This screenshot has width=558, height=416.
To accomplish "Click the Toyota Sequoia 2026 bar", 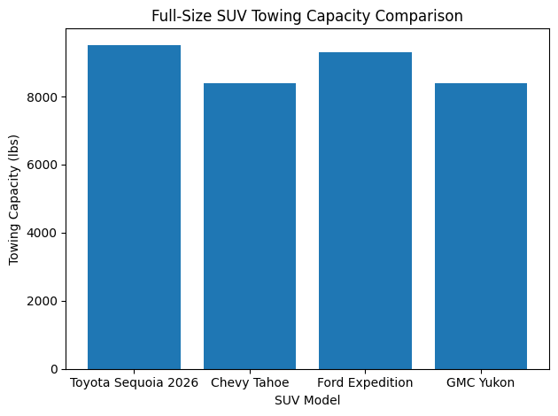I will tap(134, 207).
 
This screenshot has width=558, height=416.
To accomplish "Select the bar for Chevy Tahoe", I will tap(250, 226).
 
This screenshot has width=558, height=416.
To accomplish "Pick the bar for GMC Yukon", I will tap(481, 226).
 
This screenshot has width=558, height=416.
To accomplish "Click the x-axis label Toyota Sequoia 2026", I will tap(134, 383).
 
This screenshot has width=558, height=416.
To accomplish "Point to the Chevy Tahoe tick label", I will tap(250, 383).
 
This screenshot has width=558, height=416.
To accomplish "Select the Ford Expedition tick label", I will tap(365, 383).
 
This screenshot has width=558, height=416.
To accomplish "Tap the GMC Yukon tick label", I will tap(481, 383).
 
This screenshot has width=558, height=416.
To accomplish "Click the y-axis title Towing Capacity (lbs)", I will tap(14, 199).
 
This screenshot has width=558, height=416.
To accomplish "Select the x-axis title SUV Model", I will tap(307, 401).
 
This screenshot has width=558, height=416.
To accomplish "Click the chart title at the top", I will tap(307, 15).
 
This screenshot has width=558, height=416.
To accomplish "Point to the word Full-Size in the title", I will tap(181, 15).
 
